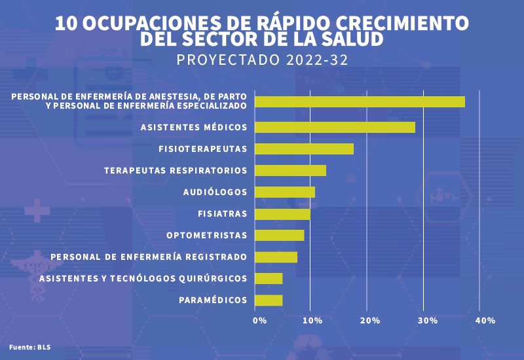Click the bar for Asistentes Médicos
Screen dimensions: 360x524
(x=335, y=127)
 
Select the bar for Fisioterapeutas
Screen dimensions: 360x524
(x=304, y=149)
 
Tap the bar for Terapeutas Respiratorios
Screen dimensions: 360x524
(x=290, y=170)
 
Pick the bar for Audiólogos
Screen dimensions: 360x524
(x=284, y=192)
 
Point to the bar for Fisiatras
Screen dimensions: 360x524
(x=282, y=213)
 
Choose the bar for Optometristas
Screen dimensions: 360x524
(x=279, y=235)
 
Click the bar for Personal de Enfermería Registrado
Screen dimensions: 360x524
(x=276, y=257)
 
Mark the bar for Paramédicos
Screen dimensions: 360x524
(x=269, y=300)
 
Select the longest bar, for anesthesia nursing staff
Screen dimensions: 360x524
(x=360, y=101)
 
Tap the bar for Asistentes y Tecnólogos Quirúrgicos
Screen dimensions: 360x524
(x=269, y=278)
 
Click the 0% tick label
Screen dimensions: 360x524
(x=259, y=320)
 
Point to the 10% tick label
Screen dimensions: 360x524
(x=312, y=320)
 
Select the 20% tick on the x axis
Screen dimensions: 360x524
(x=370, y=320)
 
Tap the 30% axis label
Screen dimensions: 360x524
(x=427, y=320)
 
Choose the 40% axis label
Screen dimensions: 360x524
(x=485, y=320)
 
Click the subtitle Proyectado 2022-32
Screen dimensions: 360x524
(x=262, y=60)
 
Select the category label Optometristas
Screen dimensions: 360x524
(x=206, y=235)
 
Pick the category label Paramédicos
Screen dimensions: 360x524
(x=213, y=300)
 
